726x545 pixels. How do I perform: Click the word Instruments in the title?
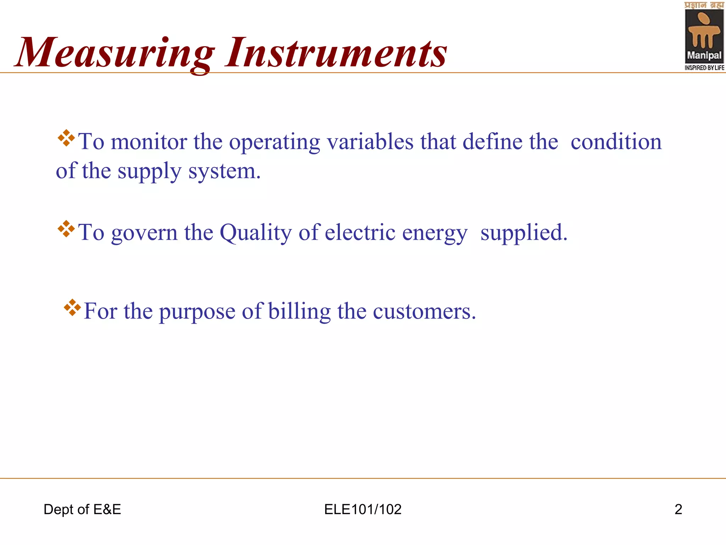(x=336, y=53)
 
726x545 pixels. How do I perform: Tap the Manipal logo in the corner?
(x=704, y=37)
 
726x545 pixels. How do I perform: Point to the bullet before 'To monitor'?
(x=66, y=138)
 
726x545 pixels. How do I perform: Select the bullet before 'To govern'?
(x=66, y=229)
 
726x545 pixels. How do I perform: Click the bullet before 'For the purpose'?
(x=72, y=308)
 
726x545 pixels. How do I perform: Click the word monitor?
(x=149, y=142)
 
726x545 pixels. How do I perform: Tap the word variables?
(x=370, y=142)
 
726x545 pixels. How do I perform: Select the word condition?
(x=616, y=142)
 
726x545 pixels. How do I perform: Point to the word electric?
(x=360, y=233)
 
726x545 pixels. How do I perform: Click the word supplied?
(x=524, y=233)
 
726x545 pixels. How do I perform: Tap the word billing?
(x=299, y=312)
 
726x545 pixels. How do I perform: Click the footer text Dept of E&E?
(x=82, y=510)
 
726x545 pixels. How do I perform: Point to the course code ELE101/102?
(x=363, y=510)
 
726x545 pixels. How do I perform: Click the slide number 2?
(x=678, y=510)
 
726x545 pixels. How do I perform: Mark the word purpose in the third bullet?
(x=197, y=312)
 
